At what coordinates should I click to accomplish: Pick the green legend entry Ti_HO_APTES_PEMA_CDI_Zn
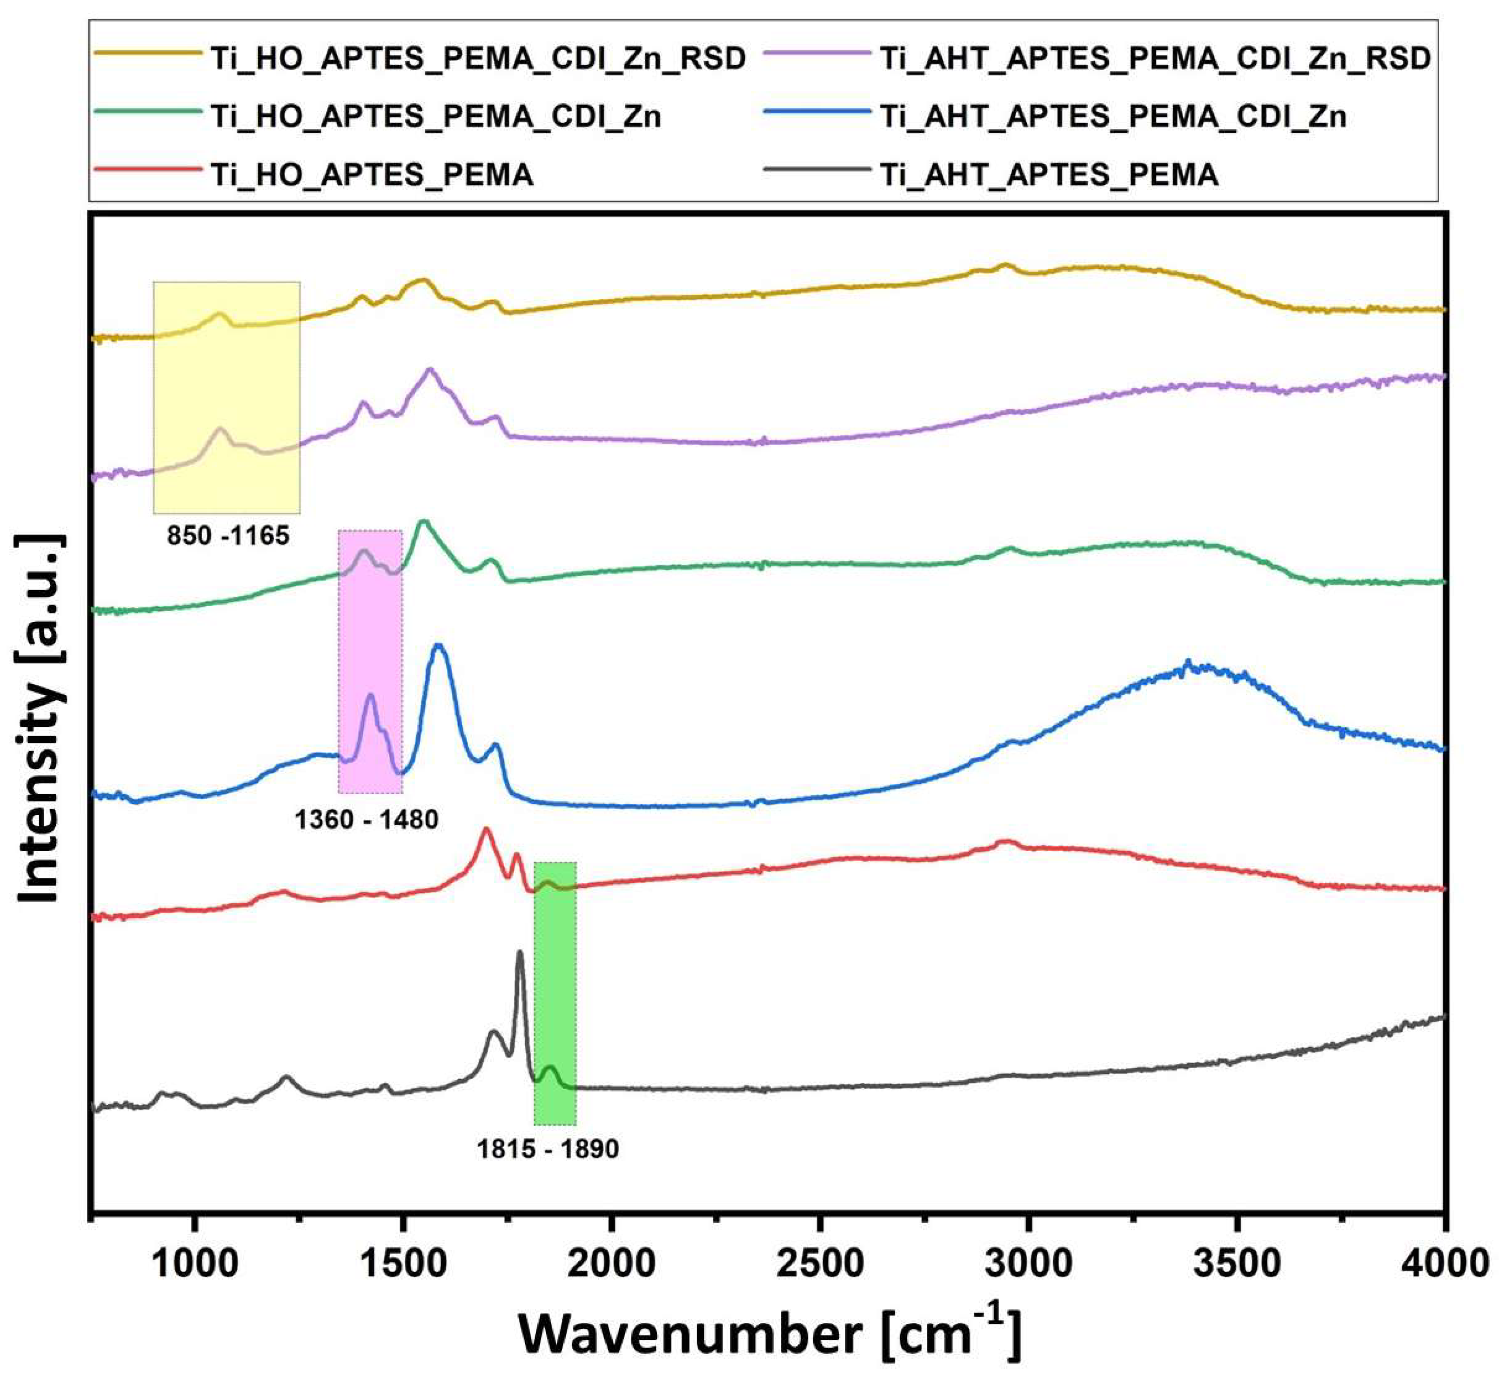click(x=436, y=116)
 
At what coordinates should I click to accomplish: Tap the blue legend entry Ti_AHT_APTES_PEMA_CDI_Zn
click(x=1113, y=116)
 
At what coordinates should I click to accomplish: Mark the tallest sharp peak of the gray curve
click(x=520, y=953)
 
